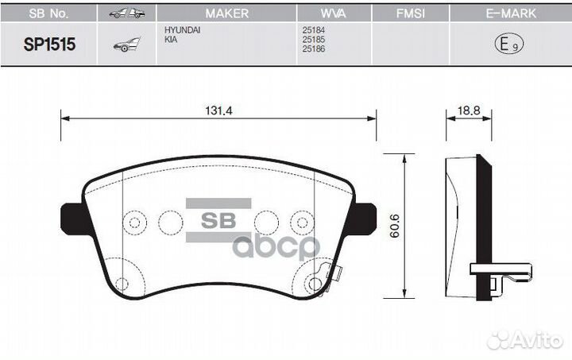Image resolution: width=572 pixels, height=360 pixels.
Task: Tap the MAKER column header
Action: click(226, 14)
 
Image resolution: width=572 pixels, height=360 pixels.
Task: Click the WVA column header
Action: click(334, 14)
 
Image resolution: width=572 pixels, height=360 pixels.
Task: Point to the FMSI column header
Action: click(411, 14)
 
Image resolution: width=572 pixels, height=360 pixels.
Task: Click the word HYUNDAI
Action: click(182, 31)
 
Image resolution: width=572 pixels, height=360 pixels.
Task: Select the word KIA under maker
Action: click(171, 40)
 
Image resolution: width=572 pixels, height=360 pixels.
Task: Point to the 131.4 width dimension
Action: click(218, 112)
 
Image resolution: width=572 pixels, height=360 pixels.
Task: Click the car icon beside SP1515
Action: click(127, 46)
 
